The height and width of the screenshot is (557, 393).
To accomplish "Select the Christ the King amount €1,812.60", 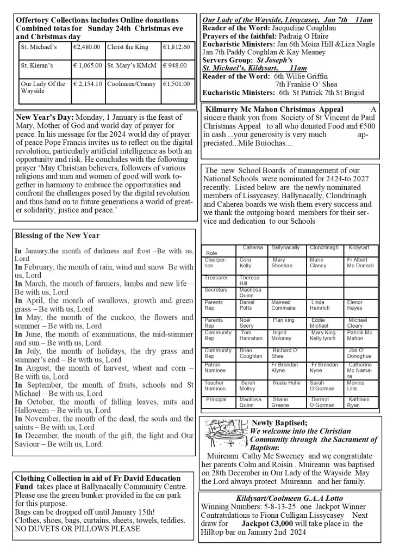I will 176,47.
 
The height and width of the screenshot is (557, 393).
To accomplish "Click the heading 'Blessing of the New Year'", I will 57,236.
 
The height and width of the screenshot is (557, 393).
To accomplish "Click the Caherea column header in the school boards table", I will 252,248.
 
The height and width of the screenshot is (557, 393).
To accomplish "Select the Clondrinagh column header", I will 324,248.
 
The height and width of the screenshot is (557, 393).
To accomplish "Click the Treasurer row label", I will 216,278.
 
